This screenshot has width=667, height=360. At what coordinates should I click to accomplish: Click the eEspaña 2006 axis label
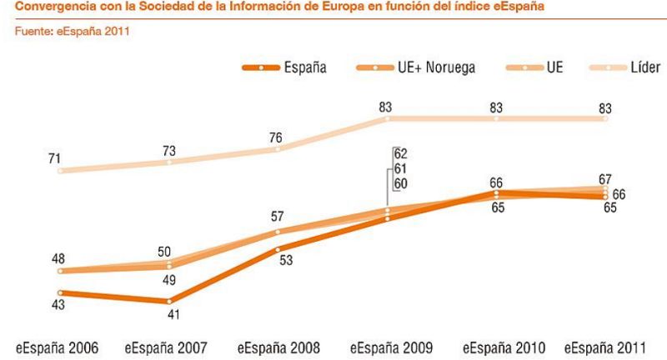point(56,347)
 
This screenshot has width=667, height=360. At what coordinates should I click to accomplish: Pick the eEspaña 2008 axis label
point(278,347)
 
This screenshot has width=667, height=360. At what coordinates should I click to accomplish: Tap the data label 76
point(278,137)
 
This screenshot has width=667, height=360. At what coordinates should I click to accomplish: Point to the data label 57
point(278,217)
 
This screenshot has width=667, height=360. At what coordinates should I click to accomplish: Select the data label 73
point(169,149)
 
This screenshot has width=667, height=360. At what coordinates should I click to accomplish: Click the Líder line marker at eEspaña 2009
point(387,119)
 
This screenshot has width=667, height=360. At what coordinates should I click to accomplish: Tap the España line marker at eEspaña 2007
point(169,301)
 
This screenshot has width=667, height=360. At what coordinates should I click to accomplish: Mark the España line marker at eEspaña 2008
point(278,248)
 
